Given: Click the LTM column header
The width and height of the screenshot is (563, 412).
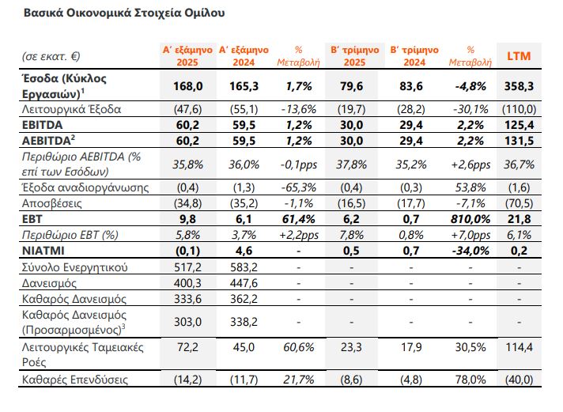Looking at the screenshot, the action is click(519, 56).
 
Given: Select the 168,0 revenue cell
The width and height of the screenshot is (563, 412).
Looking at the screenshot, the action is click(187, 86).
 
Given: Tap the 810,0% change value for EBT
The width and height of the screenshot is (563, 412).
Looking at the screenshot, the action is click(470, 219).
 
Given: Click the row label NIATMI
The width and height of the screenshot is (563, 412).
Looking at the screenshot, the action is click(43, 251).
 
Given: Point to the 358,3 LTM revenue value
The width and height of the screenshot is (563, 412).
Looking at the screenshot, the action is click(519, 86).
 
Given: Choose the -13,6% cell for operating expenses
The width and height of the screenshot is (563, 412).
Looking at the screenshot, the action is click(299, 109).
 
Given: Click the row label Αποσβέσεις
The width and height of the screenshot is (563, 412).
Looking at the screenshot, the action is click(51, 203).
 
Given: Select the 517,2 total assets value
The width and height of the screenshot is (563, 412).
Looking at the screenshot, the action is click(187, 267).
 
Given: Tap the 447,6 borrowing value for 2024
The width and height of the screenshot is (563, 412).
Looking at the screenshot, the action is click(244, 283).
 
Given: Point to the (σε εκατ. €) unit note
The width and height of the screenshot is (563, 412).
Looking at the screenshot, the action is click(51, 56).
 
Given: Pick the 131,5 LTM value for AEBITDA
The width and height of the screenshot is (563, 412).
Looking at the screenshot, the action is click(519, 141).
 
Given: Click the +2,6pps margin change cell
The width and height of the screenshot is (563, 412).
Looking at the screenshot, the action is click(470, 164).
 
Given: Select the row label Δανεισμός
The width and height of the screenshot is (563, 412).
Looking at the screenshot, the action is click(49, 283).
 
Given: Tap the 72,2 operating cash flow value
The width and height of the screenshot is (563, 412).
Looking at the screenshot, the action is click(187, 347).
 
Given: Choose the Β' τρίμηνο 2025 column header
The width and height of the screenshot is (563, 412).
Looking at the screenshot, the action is click(354, 56).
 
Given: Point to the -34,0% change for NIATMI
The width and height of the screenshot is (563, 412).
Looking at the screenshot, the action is click(470, 251).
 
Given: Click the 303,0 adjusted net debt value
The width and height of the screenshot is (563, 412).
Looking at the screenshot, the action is click(187, 322).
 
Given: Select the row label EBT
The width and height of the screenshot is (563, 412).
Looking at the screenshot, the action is click(32, 219).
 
